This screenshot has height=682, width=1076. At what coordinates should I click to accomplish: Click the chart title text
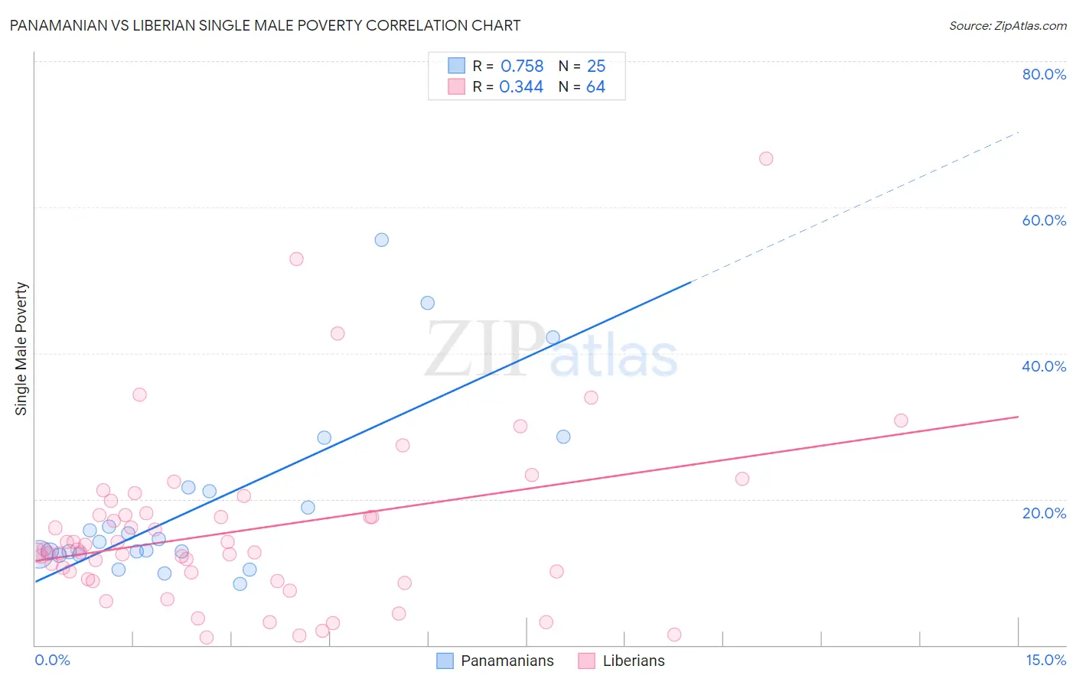point(265,25)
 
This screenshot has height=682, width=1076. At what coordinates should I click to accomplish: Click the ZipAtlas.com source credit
point(1007,25)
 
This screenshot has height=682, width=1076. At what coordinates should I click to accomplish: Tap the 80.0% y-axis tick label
point(1044,74)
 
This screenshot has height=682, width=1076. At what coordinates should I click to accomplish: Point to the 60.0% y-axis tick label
point(1044,220)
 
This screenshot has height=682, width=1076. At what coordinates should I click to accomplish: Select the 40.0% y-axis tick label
point(1044,366)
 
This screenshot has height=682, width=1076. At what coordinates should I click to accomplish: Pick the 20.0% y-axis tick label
point(1044,512)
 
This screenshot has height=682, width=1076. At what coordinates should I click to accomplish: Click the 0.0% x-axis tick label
point(52,660)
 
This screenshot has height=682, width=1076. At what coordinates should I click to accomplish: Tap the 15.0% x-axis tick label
point(1045,660)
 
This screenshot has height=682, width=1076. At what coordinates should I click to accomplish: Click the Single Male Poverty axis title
point(21,349)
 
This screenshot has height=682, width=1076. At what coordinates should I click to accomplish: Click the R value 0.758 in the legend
point(522,67)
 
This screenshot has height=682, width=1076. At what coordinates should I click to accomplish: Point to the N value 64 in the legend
point(595,87)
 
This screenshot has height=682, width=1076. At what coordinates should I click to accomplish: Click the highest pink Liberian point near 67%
point(766,159)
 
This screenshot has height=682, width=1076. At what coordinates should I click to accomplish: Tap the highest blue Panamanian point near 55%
point(382,240)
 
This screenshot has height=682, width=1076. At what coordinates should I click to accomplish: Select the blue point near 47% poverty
point(428,303)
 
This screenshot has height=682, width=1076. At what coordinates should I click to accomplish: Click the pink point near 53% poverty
point(296,259)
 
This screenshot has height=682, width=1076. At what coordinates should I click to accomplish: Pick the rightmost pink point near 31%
point(901,421)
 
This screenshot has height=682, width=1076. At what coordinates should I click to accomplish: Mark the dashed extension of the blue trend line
point(857,206)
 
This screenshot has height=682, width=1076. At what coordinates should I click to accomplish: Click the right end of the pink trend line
point(1017,417)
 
